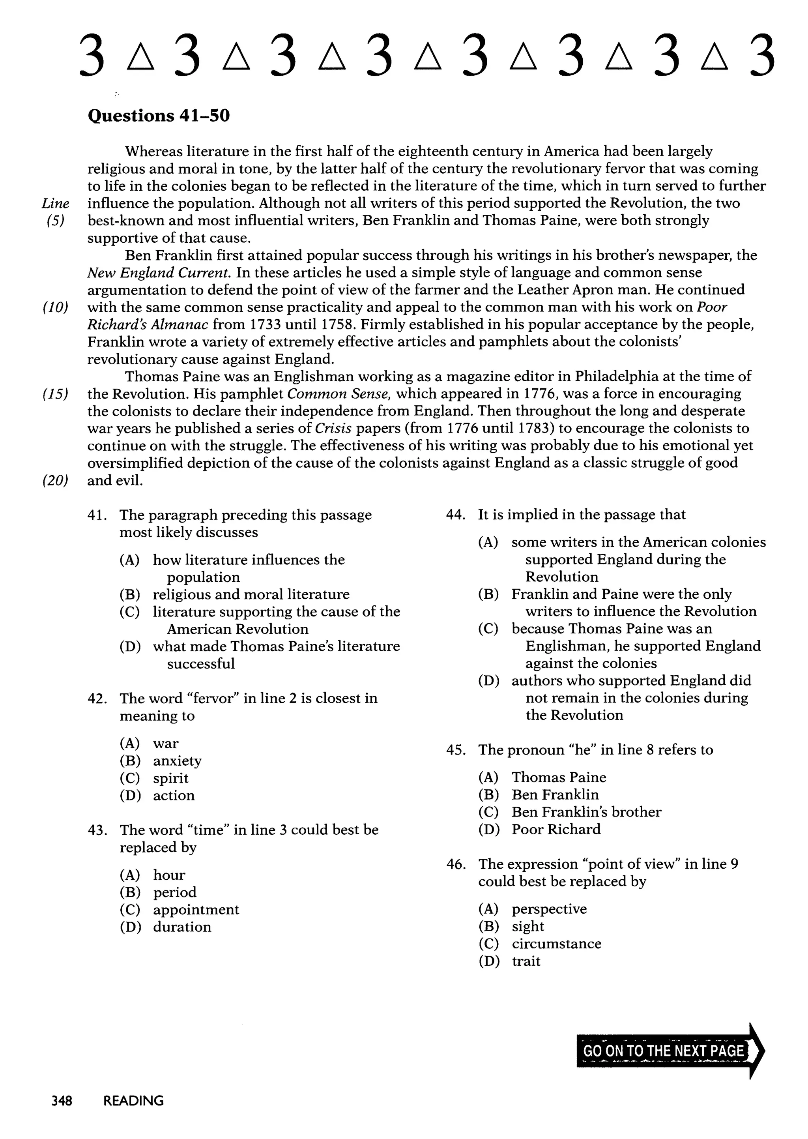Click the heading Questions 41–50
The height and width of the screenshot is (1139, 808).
(x=159, y=116)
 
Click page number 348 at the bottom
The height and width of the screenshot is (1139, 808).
(x=62, y=1101)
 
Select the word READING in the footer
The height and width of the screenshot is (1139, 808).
(x=133, y=1101)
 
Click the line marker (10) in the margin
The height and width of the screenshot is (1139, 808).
(x=55, y=307)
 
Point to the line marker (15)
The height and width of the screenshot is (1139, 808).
(x=55, y=394)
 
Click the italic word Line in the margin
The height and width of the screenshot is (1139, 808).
(x=55, y=204)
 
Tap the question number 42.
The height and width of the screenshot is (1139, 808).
(x=97, y=699)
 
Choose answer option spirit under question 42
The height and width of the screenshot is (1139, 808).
(x=171, y=778)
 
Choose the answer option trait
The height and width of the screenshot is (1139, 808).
(x=526, y=961)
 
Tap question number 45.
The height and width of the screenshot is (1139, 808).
(x=456, y=750)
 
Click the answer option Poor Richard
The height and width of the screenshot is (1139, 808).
(x=556, y=829)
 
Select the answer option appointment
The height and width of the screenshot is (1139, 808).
(x=196, y=909)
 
